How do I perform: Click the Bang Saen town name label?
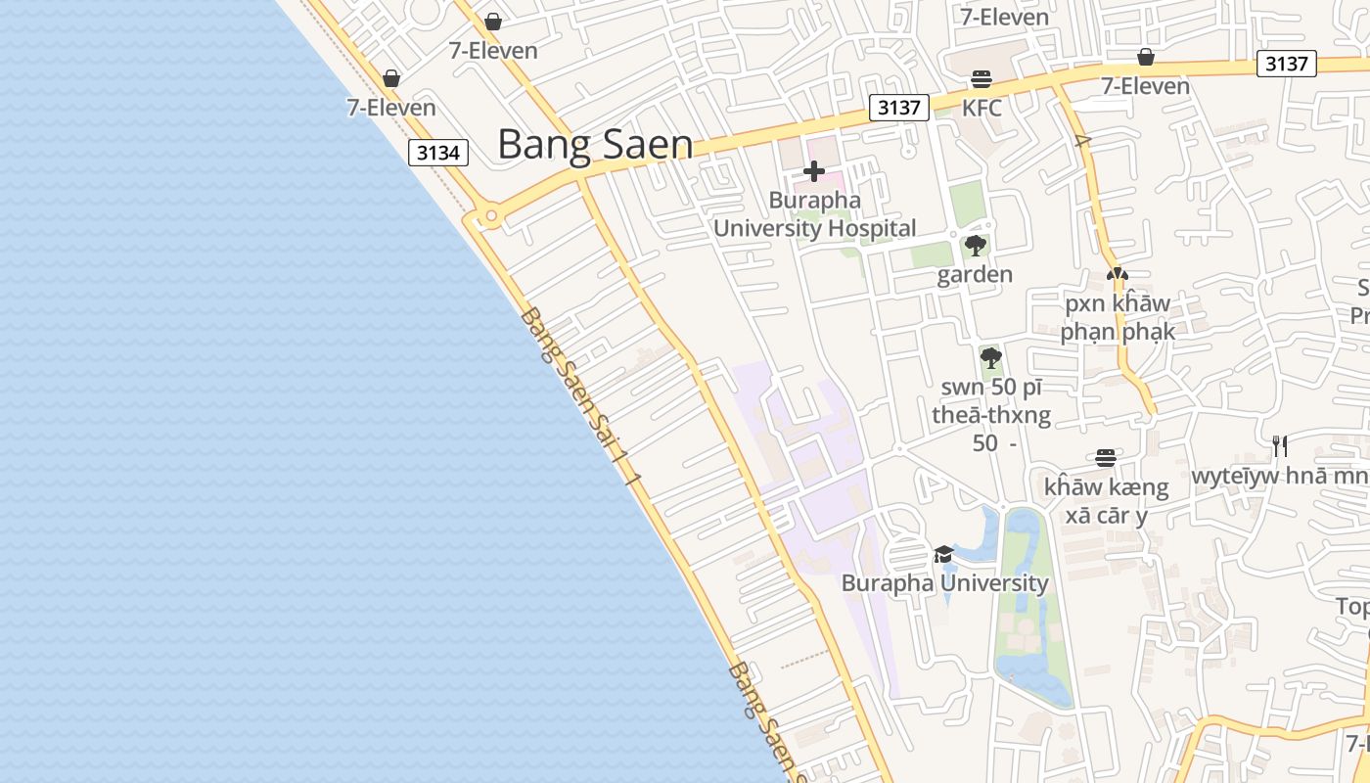[x=595, y=144]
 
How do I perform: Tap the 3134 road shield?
[x=438, y=153]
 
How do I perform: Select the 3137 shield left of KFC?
[x=898, y=108]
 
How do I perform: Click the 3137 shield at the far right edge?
[x=1286, y=64]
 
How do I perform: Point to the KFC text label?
[x=982, y=108]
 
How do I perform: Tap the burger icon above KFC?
[x=981, y=79]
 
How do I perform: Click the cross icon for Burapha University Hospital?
[x=813, y=172]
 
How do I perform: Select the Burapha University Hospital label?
[x=814, y=214]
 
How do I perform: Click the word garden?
[x=975, y=274]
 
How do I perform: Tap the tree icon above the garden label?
[x=975, y=246]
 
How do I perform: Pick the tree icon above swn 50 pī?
[x=990, y=357]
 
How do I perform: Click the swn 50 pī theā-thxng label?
[x=990, y=415]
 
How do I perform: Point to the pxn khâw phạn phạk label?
[x=1118, y=317]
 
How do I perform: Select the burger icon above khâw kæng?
[x=1106, y=458]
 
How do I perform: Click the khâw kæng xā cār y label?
[x=1106, y=500]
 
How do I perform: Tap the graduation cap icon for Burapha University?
[x=943, y=555]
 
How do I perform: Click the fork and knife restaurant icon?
[x=1279, y=446]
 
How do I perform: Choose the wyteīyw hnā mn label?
[x=1280, y=477]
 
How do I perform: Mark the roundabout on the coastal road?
[x=491, y=215]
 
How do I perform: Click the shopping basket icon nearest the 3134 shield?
[x=391, y=78]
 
